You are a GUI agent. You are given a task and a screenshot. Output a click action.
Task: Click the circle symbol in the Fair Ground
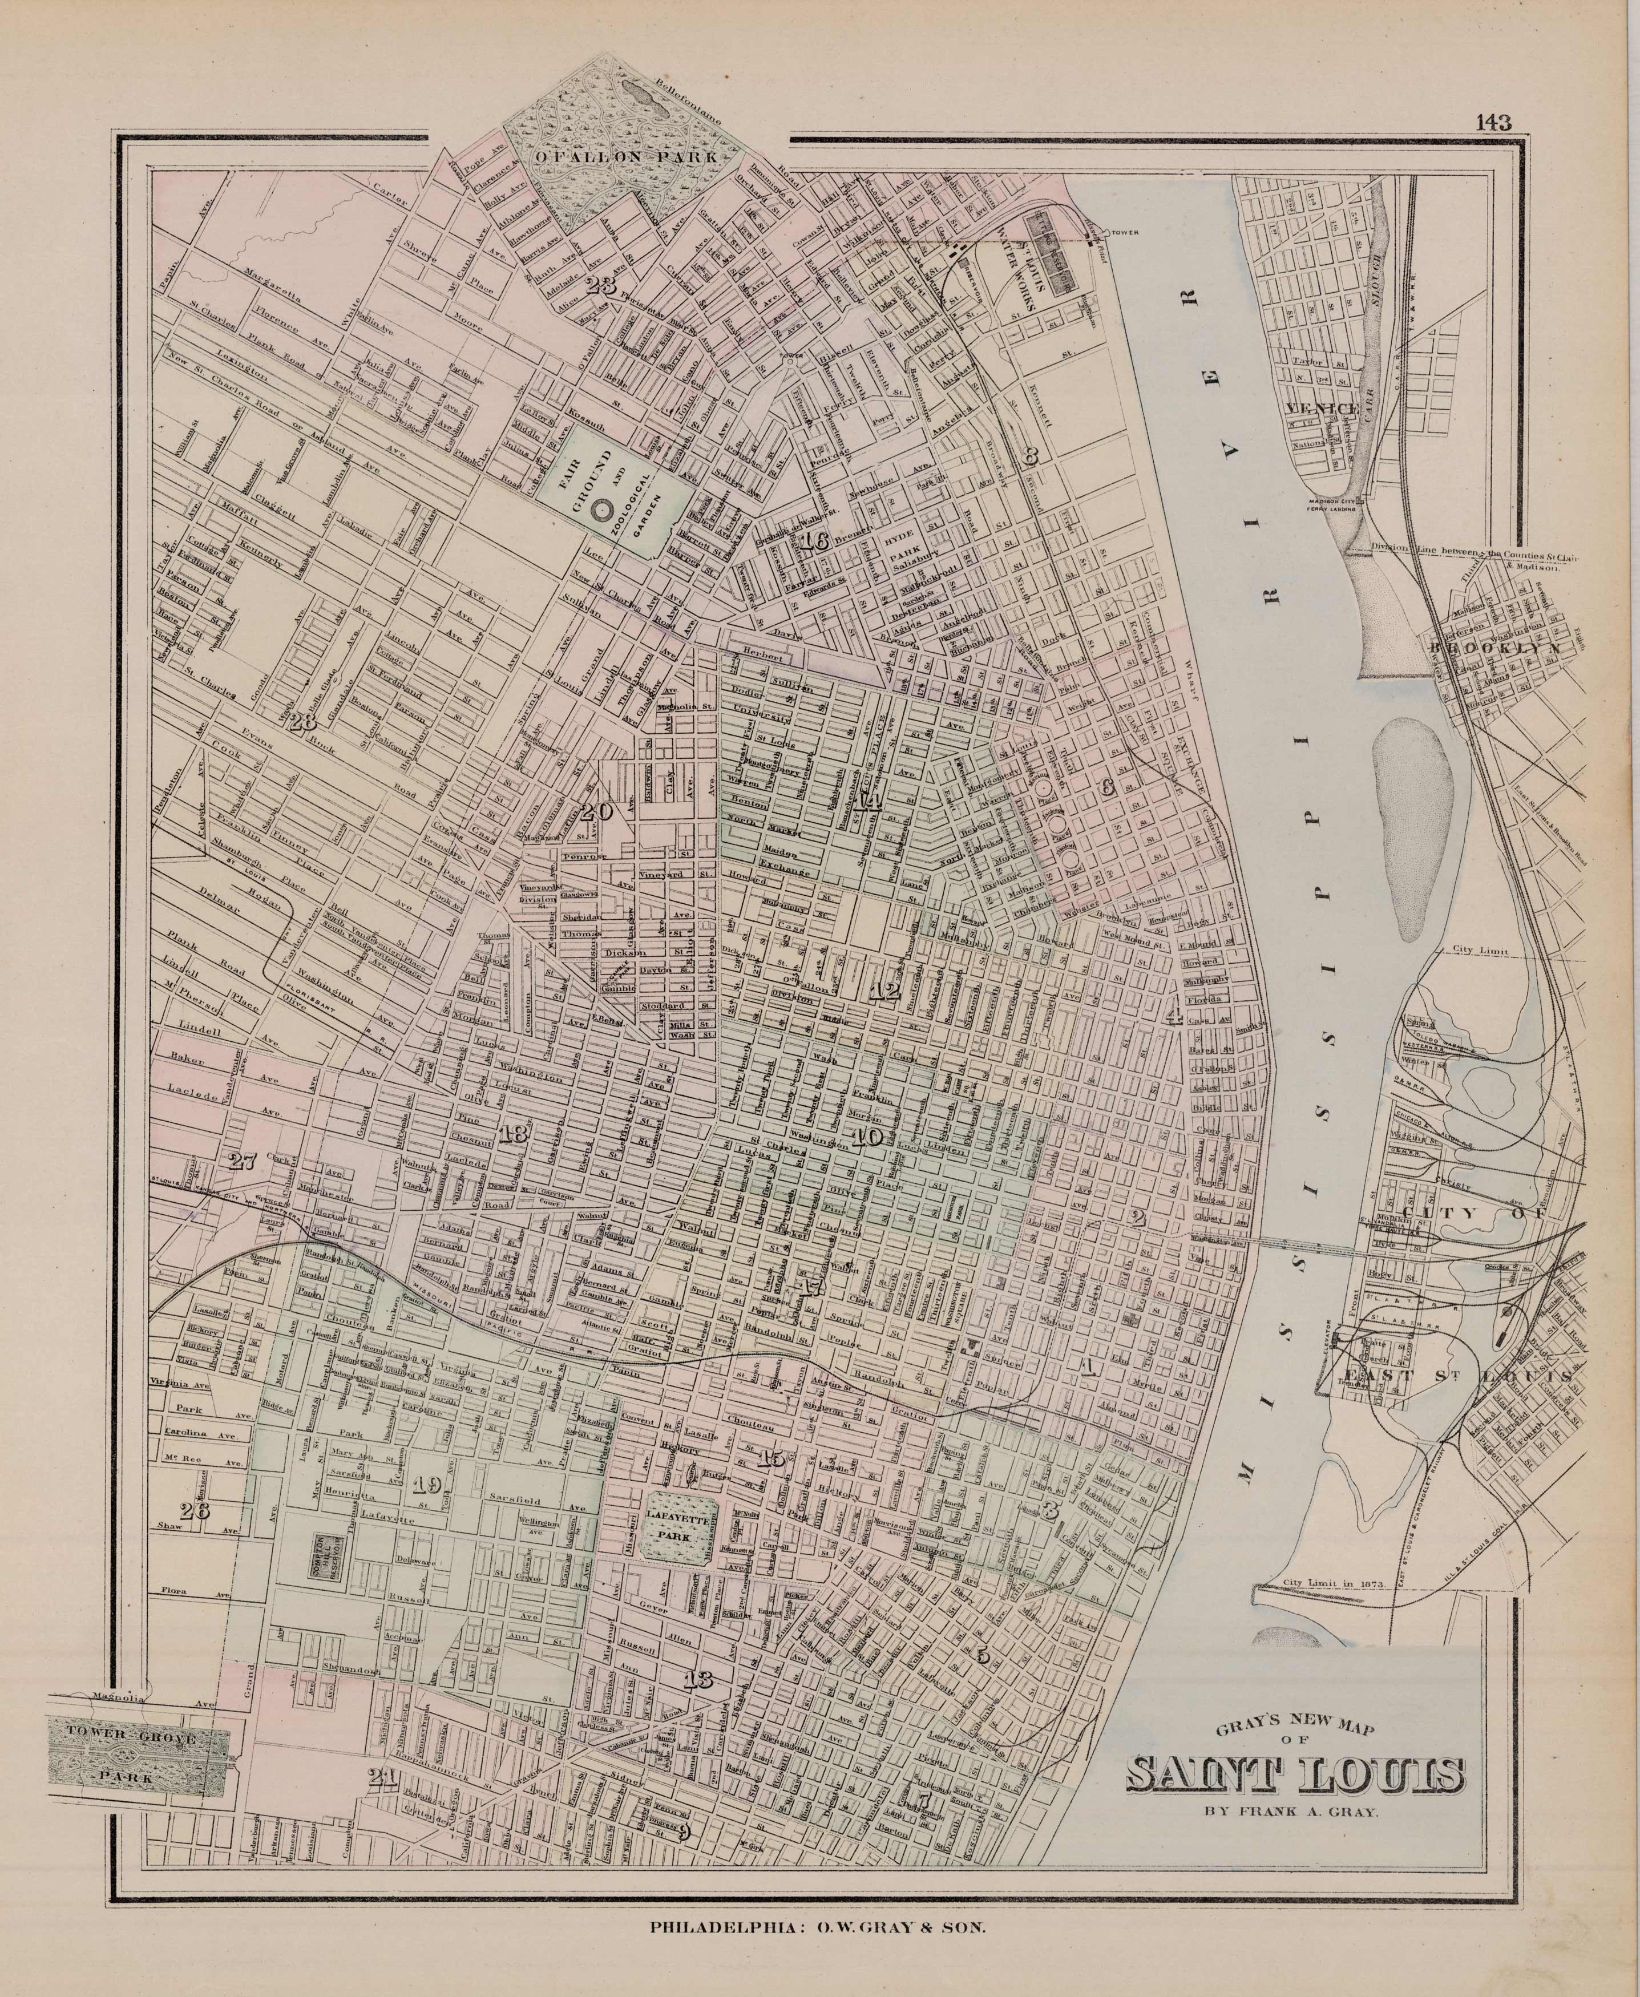tap(599, 509)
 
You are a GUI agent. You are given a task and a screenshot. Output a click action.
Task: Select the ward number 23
tap(601, 286)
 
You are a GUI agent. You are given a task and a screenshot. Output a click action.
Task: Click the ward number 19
tap(426, 1485)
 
